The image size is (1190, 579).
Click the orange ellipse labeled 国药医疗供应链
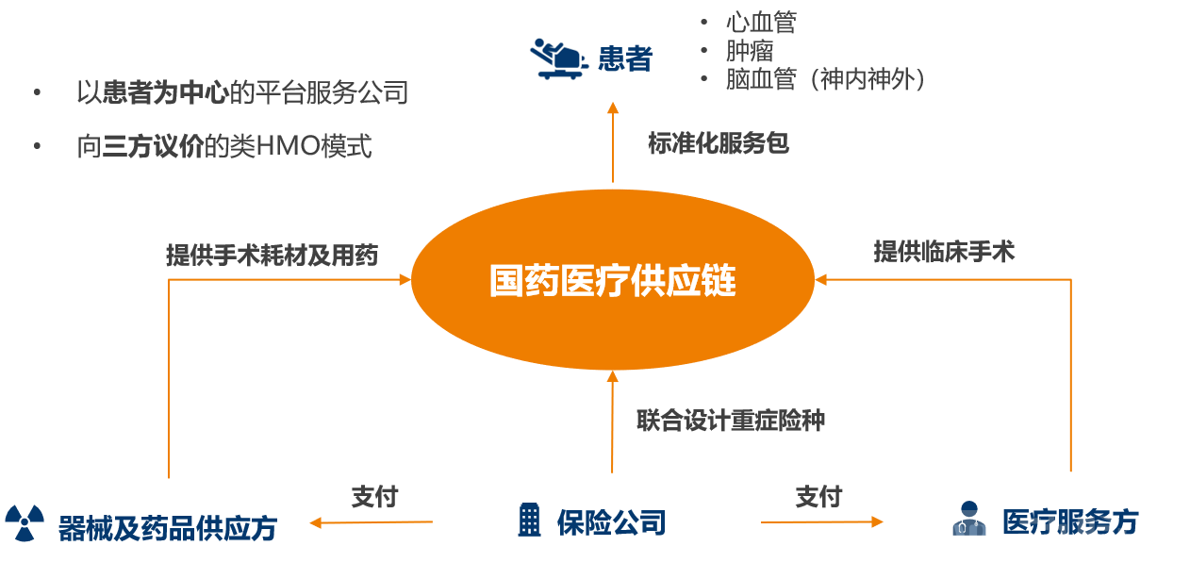click(x=613, y=281)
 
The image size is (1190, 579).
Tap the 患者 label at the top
click(x=625, y=58)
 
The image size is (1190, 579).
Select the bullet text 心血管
click(x=760, y=22)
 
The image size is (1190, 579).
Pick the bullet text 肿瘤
click(x=749, y=50)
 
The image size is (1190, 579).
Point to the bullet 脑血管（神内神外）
click(x=825, y=79)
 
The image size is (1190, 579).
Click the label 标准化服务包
click(x=718, y=144)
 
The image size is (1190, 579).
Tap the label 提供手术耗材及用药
click(x=272, y=255)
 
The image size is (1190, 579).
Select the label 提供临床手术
click(x=944, y=252)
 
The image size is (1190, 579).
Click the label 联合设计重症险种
click(x=731, y=421)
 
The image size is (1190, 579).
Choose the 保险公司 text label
click(x=611, y=521)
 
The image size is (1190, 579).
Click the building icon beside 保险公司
click(x=530, y=520)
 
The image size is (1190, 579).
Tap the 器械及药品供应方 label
click(x=167, y=528)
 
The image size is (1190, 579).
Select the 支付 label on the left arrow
click(x=374, y=497)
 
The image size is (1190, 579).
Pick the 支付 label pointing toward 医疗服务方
click(x=818, y=496)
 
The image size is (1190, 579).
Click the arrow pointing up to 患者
click(x=613, y=141)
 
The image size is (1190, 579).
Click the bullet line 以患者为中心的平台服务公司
click(x=242, y=92)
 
